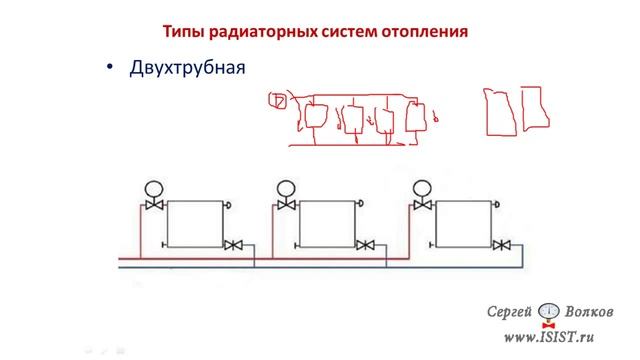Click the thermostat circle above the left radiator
(x=154, y=186)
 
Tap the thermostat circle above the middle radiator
(x=287, y=186)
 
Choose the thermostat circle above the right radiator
(x=421, y=186)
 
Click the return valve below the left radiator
(x=233, y=245)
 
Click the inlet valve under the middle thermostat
(x=287, y=206)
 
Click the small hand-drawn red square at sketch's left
(x=278, y=99)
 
